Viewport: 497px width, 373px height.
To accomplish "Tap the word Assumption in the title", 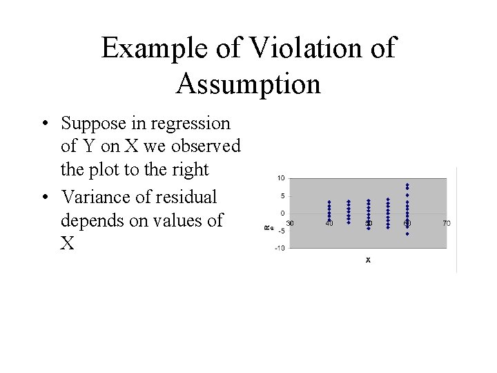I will pyautogui.click(x=248, y=84).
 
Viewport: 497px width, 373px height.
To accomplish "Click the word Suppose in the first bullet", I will pyautogui.click(x=94, y=124).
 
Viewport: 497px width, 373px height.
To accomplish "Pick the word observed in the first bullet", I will pyautogui.click(x=207, y=146).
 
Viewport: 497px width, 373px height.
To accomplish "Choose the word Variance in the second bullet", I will pyautogui.click(x=96, y=198).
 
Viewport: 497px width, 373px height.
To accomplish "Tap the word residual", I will pyautogui.click(x=189, y=198).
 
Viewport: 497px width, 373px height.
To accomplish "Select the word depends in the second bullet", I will pyautogui.click(x=91, y=220).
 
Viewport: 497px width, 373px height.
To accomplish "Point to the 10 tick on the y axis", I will pyautogui.click(x=281, y=178).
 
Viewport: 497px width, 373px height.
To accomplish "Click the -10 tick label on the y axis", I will pyautogui.click(x=280, y=248).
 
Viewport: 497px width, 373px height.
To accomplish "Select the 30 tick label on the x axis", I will pyautogui.click(x=291, y=223).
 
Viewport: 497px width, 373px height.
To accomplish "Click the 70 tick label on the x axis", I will pyautogui.click(x=447, y=223).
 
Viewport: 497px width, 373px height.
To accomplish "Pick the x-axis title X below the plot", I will pyautogui.click(x=368, y=260).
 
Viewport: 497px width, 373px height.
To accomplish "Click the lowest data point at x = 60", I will pyautogui.click(x=407, y=234).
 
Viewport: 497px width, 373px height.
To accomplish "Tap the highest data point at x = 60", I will pyautogui.click(x=407, y=184).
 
